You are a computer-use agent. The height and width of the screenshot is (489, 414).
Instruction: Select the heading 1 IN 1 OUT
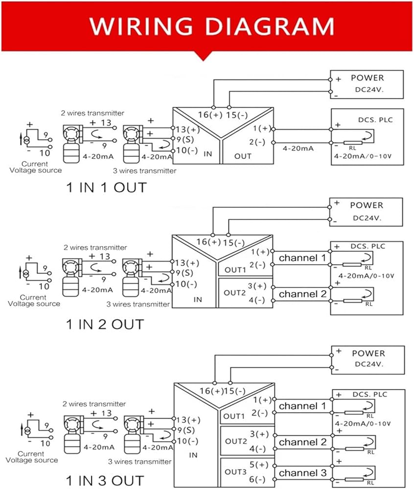[107, 187]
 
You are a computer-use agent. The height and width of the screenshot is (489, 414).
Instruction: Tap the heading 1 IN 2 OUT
[105, 324]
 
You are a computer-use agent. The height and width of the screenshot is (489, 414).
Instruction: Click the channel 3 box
[302, 473]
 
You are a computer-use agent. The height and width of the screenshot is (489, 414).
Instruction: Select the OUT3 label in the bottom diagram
[236, 471]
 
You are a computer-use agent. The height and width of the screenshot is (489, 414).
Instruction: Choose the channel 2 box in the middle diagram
[302, 294]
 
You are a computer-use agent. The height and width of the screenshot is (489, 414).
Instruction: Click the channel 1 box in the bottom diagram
[302, 406]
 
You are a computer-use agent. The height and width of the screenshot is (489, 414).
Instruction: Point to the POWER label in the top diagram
[367, 78]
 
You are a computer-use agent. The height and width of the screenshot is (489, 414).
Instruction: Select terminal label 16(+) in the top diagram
[209, 115]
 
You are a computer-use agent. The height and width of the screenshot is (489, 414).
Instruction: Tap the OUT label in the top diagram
[243, 156]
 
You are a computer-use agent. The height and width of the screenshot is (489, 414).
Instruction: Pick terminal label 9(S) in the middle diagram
[185, 273]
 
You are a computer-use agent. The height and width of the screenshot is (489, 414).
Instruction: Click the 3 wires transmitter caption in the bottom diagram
[139, 461]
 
